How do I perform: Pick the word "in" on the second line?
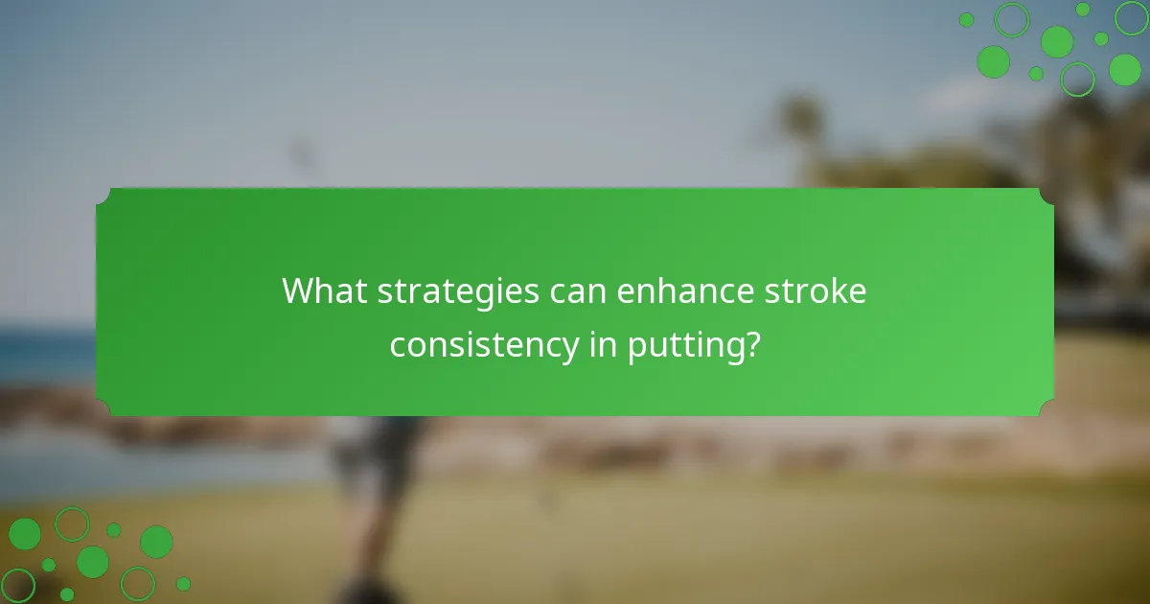(x=602, y=344)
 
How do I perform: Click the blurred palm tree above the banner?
(x=800, y=125)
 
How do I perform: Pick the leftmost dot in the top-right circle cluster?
(x=966, y=20)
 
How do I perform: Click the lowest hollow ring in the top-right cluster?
(x=1077, y=79)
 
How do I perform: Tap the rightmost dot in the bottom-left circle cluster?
(x=183, y=584)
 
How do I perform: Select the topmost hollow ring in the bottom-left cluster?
(x=72, y=523)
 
